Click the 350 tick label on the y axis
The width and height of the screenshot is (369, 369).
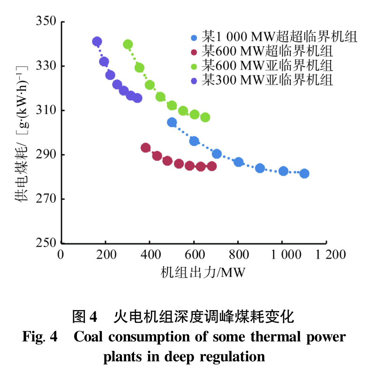(x=46, y=22)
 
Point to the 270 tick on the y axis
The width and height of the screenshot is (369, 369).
(x=46, y=199)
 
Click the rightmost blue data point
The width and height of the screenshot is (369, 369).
(x=304, y=174)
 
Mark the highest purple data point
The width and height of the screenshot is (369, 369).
(x=97, y=42)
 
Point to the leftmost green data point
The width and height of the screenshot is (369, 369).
(x=128, y=44)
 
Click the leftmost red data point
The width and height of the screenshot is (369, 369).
(x=146, y=148)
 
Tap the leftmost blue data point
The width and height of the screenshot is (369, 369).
(x=172, y=123)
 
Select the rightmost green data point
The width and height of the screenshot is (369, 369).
(x=205, y=117)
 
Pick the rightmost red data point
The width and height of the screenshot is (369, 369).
(x=212, y=166)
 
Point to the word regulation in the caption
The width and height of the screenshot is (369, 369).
(x=233, y=356)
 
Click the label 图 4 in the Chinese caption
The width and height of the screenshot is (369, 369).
(x=84, y=318)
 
